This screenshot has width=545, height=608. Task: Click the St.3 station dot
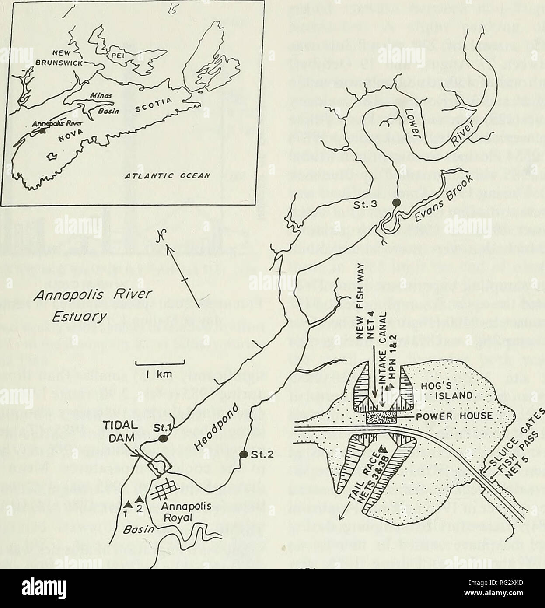tap(396, 202)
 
